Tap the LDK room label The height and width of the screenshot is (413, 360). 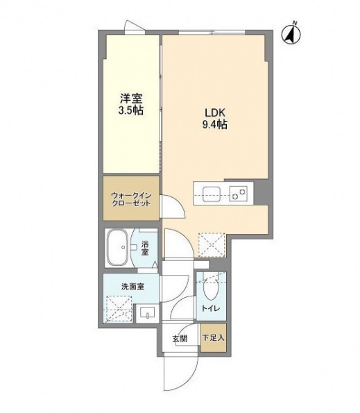tap(212, 112)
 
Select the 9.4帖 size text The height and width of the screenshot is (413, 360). tap(212, 126)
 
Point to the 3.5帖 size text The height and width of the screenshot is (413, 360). tap(130, 110)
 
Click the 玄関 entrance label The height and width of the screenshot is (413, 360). tap(179, 339)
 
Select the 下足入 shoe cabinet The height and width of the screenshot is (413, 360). tap(212, 339)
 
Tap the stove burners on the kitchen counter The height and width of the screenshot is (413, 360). tap(239, 194)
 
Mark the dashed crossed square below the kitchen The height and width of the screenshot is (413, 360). tap(210, 244)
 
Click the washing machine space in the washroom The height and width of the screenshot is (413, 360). tap(119, 307)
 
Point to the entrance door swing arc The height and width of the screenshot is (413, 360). tap(173, 376)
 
